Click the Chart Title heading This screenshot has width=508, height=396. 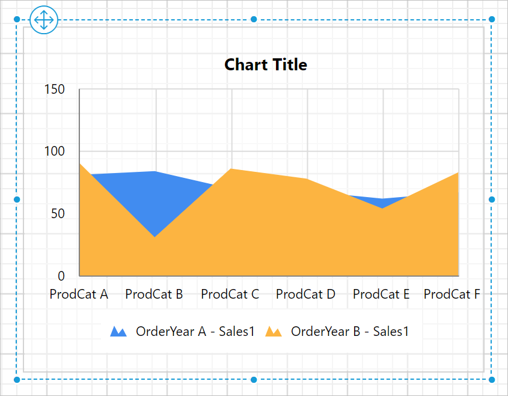(266, 65)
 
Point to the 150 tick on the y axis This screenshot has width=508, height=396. (55, 90)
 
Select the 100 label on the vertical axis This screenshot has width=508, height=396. (55, 151)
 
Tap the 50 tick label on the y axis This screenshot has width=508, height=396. (57, 214)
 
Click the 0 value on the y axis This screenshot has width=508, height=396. (61, 276)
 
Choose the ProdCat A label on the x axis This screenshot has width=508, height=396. (79, 294)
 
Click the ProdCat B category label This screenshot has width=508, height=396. (154, 294)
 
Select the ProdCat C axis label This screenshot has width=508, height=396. (230, 294)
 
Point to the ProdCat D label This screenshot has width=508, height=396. (305, 294)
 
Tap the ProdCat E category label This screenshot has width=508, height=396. (381, 294)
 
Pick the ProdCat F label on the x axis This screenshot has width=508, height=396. (452, 294)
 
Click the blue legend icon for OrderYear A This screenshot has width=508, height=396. (118, 332)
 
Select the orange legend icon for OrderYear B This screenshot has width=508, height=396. (274, 332)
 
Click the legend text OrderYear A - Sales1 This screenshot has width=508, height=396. (195, 331)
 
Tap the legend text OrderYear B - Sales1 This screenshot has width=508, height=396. (350, 331)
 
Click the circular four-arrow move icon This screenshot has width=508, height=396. (43, 20)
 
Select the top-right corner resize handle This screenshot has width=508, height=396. (492, 20)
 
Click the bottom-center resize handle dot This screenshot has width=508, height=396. (254, 380)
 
